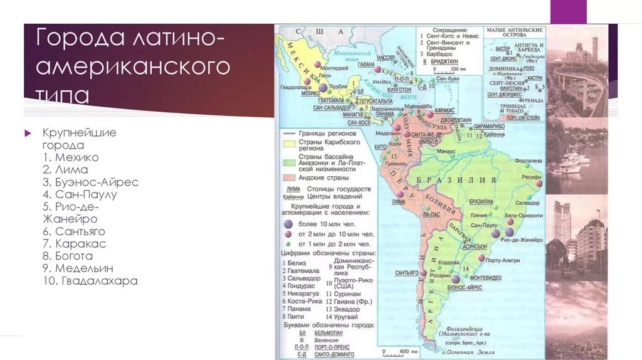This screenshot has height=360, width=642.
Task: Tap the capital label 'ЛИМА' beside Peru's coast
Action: [398, 202]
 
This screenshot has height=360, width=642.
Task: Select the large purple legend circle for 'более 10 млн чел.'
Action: [288, 224]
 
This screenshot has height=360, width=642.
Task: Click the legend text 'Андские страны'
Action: [324, 177]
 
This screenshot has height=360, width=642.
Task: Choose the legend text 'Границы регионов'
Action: [327, 134]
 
